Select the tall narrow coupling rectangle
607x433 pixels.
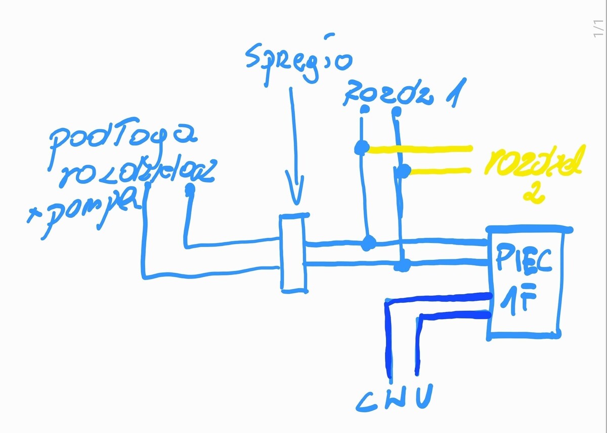coord(293,253)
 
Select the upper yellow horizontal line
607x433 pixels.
coord(420,149)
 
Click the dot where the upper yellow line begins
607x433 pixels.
coord(361,148)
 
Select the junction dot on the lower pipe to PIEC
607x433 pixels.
coord(404,264)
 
